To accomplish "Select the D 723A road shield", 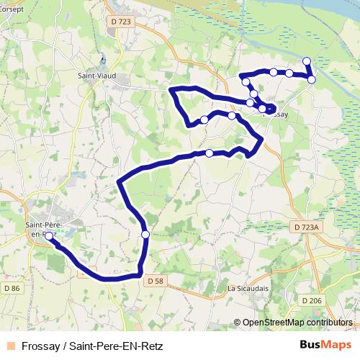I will coord(306,227).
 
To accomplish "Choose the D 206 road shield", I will coord(312,300).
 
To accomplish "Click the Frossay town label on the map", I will coord(276,114).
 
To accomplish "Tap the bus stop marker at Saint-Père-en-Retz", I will coord(49,235).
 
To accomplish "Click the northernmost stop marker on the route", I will coord(307,61).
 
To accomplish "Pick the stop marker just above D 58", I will coord(145,234).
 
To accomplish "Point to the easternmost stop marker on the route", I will coord(311,79).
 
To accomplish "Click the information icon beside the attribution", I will coord(238,323).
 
